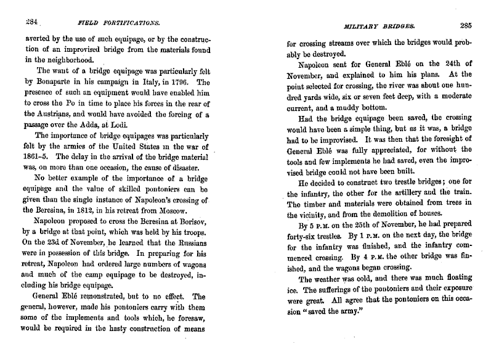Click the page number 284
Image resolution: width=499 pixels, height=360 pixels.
[x=29, y=20]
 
